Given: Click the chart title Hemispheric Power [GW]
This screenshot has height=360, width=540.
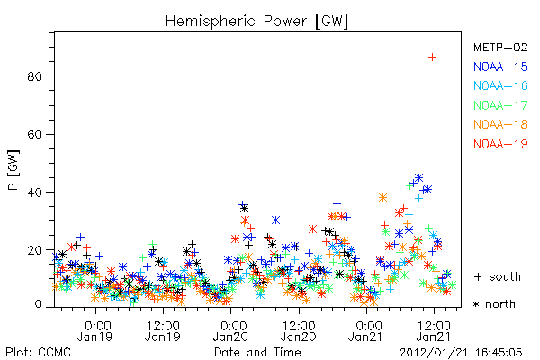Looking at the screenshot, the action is click(256, 22).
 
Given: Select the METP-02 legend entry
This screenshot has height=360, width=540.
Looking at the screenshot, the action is click(500, 47).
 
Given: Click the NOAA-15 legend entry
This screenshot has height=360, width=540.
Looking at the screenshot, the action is click(500, 67).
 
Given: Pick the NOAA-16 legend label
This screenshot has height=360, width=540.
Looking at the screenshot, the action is click(500, 85).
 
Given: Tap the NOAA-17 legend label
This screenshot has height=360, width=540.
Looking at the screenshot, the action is click(500, 105).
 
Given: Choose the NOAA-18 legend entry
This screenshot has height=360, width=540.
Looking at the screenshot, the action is click(500, 124).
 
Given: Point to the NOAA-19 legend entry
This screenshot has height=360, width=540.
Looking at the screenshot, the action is click(500, 144).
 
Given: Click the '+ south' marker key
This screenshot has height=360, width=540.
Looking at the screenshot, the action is click(498, 276).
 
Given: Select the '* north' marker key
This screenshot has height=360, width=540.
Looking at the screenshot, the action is click(494, 304).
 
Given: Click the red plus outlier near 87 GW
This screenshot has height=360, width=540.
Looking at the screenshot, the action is click(432, 58).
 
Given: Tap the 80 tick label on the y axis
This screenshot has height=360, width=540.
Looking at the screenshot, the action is click(34, 76).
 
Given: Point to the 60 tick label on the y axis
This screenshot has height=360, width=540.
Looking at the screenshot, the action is click(34, 134).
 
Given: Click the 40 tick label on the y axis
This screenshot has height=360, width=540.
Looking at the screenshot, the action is click(34, 192).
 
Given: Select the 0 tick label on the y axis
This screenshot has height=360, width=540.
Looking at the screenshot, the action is click(39, 304).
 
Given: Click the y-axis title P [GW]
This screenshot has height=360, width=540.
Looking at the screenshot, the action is click(13, 170).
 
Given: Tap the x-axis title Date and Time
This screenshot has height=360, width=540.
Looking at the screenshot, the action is click(257, 353).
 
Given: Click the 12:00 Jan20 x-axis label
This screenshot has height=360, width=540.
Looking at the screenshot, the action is click(299, 331).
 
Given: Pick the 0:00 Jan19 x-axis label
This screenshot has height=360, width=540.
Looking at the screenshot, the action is click(95, 331).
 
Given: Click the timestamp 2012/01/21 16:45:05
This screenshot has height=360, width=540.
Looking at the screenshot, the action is click(461, 353).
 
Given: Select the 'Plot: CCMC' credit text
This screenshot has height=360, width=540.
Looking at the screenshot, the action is click(38, 353).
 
